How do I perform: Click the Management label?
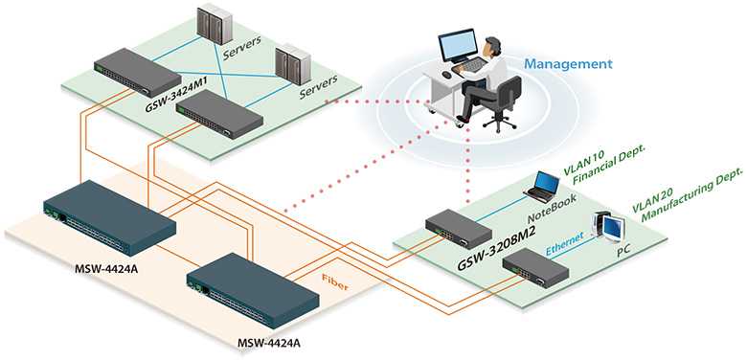[568, 64]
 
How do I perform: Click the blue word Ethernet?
[564, 243]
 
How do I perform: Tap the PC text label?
[625, 250]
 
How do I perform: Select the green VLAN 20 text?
[652, 201]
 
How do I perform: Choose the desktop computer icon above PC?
[608, 225]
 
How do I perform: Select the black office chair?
[502, 103]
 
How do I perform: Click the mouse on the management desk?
[446, 75]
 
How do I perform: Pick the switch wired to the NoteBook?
[458, 228]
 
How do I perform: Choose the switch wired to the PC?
[536, 267]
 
